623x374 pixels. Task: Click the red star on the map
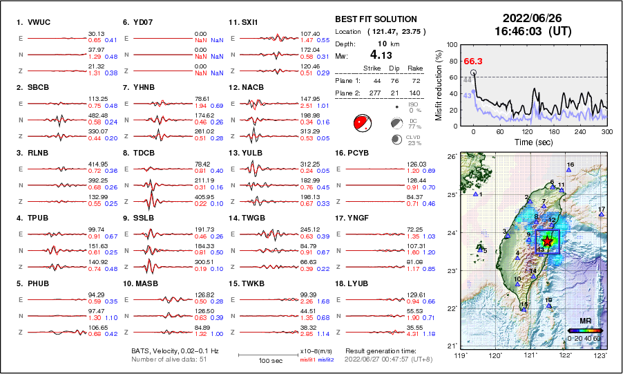[x=548, y=241]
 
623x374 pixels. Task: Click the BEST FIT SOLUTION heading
[x=376, y=19]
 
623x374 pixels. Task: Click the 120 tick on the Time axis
[x=528, y=131]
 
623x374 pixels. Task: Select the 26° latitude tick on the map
[x=451, y=157]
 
